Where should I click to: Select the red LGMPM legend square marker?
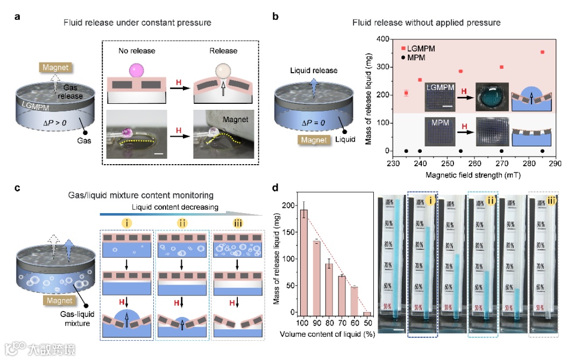403,48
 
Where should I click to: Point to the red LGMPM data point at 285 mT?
542,52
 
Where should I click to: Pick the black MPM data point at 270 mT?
502,151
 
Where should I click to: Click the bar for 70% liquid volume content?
342,295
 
